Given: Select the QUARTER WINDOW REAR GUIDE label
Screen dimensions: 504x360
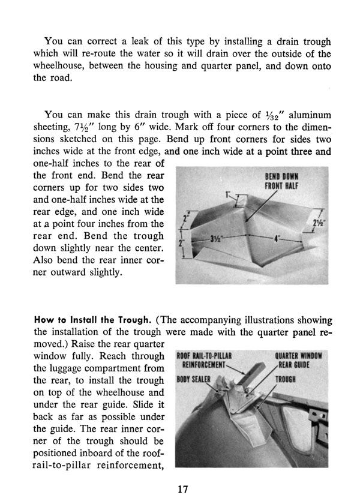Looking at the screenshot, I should click(x=298, y=359).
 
